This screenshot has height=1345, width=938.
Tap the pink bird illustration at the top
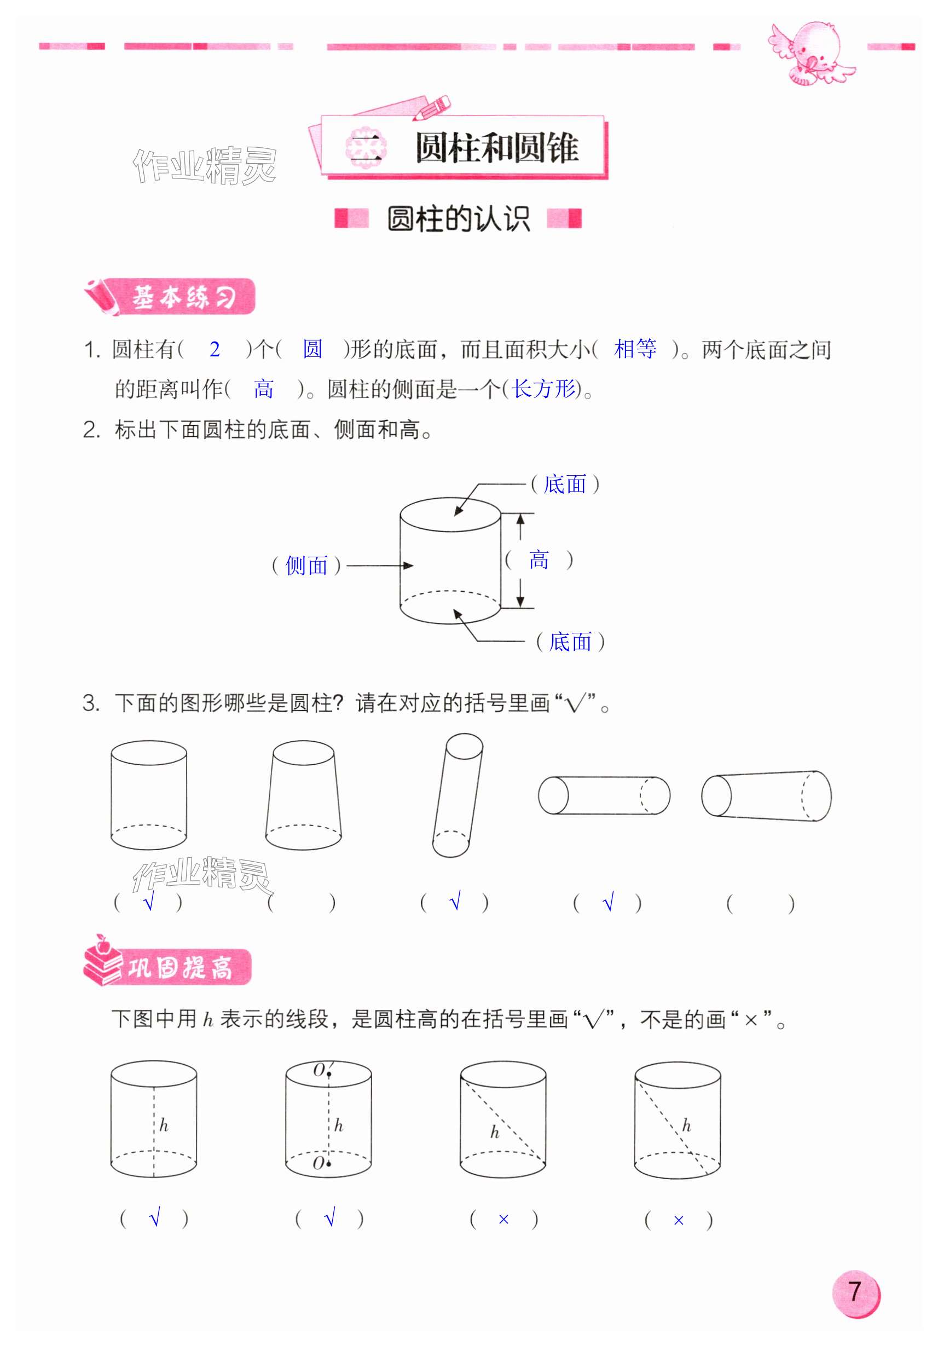coord(811,53)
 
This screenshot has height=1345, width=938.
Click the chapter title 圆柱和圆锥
coord(496,147)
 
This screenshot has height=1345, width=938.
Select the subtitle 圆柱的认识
coord(459,219)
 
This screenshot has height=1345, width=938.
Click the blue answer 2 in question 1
coord(215,349)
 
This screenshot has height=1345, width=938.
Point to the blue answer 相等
coord(635,349)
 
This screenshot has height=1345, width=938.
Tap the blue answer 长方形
coord(543,388)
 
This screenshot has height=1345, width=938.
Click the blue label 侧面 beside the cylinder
coord(306,565)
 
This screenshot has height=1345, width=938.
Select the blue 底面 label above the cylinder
coord(564,484)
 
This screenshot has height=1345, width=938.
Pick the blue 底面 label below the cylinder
coord(570,642)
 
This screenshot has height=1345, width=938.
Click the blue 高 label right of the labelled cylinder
coord(539,560)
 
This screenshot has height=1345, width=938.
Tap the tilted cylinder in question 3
coord(458,795)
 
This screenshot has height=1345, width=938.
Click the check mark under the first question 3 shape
coord(149,901)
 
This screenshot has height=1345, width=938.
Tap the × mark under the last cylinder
coord(678,1220)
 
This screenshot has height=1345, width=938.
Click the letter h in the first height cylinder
coord(164,1125)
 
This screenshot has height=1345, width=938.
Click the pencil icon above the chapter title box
coord(432,108)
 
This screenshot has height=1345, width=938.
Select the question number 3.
coord(90,702)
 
